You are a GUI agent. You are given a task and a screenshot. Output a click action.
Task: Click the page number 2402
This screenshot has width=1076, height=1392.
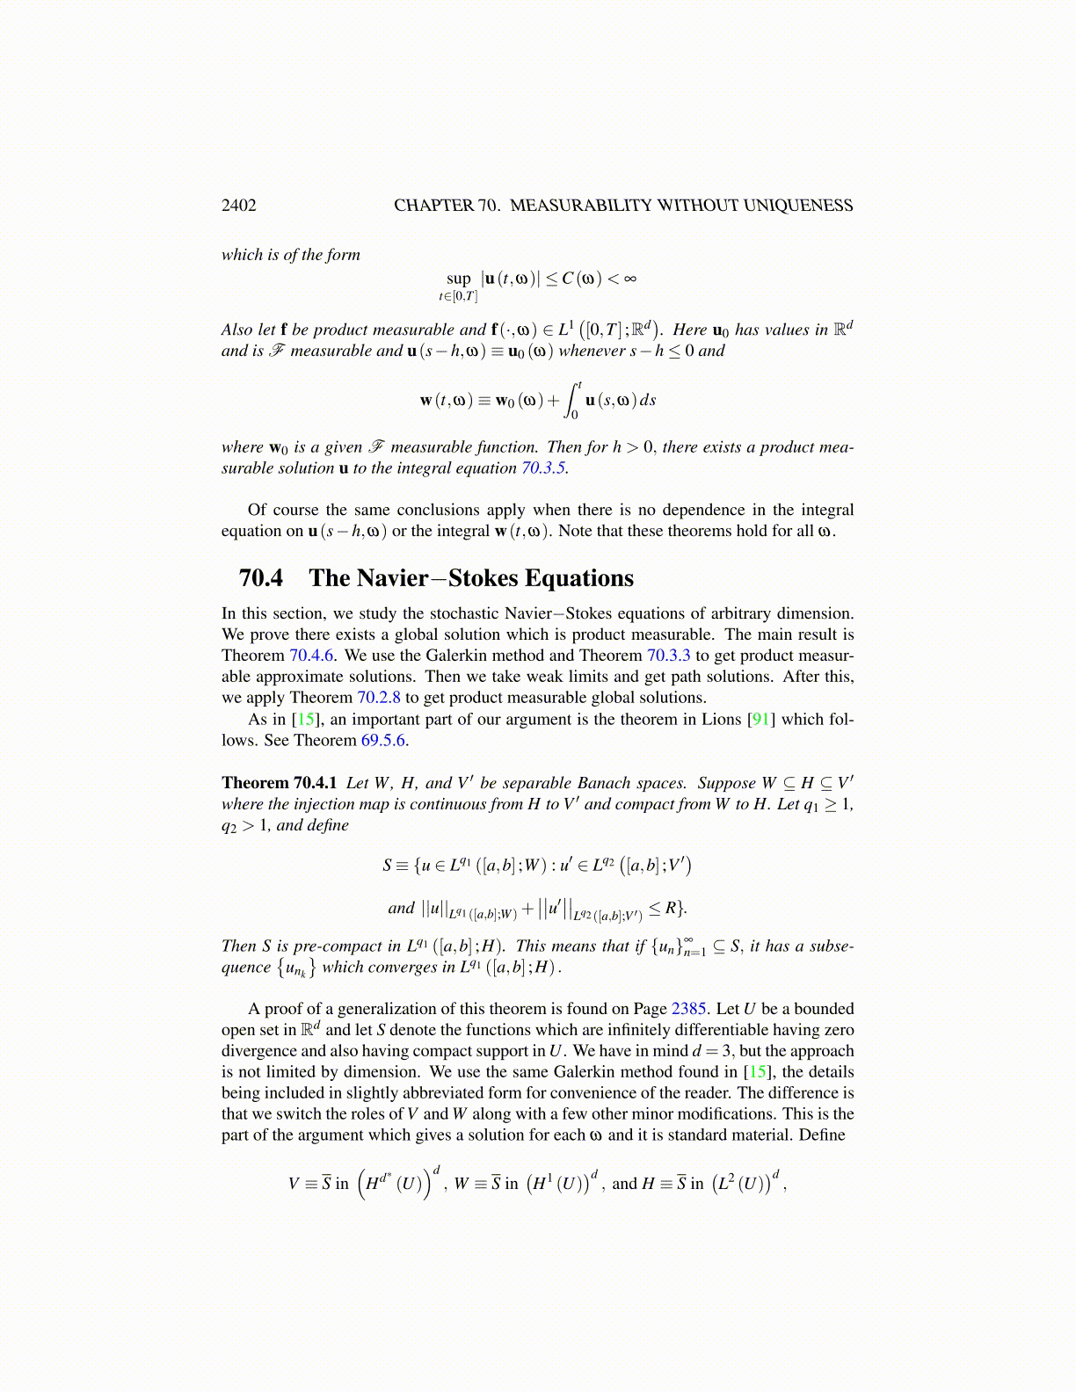238,206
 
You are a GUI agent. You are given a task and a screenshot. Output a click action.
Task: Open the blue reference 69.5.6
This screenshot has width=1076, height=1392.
383,740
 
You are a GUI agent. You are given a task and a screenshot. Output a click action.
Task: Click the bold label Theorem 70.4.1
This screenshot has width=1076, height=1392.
279,783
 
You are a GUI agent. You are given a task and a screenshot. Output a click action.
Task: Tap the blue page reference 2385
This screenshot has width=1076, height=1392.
692,1009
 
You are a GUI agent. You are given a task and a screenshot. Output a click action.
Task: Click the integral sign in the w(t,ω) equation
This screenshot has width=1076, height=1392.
574,400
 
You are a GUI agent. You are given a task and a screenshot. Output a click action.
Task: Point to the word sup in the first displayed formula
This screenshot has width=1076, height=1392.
458,279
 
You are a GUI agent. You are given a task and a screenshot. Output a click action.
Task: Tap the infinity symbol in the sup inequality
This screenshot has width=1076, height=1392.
629,279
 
